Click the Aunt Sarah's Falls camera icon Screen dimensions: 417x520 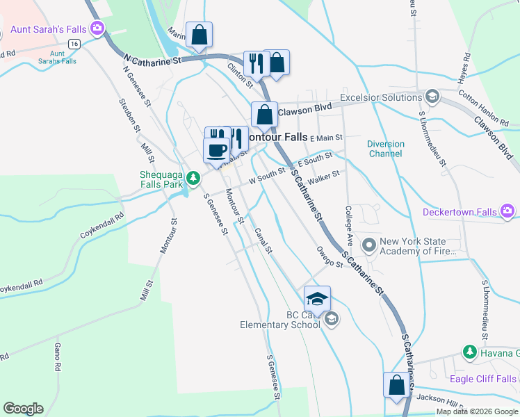[98, 28]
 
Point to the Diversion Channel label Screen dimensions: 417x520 [385, 149]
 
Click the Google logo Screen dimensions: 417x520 [23, 408]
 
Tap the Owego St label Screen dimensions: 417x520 [329, 256]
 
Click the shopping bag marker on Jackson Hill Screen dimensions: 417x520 [396, 386]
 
